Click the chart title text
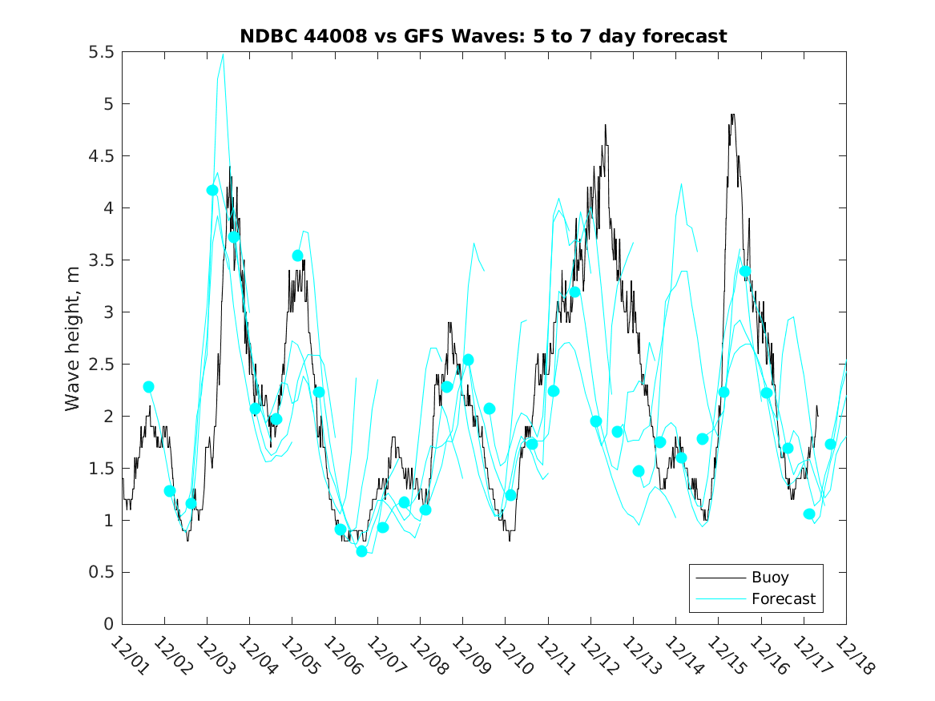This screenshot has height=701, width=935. (x=483, y=36)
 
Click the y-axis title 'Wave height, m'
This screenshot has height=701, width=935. (x=73, y=337)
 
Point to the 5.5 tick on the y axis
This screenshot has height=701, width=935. (x=103, y=52)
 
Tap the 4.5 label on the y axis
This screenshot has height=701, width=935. (x=103, y=156)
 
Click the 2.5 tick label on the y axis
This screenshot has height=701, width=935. (x=103, y=365)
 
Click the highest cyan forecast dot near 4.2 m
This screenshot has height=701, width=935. (x=212, y=190)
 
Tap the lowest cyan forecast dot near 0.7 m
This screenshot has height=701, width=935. (x=361, y=551)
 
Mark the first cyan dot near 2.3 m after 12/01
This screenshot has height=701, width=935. (x=148, y=387)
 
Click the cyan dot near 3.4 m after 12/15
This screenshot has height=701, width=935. (x=745, y=272)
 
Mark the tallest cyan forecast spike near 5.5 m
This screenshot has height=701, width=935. (x=223, y=55)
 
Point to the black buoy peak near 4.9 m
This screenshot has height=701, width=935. (x=732, y=115)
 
